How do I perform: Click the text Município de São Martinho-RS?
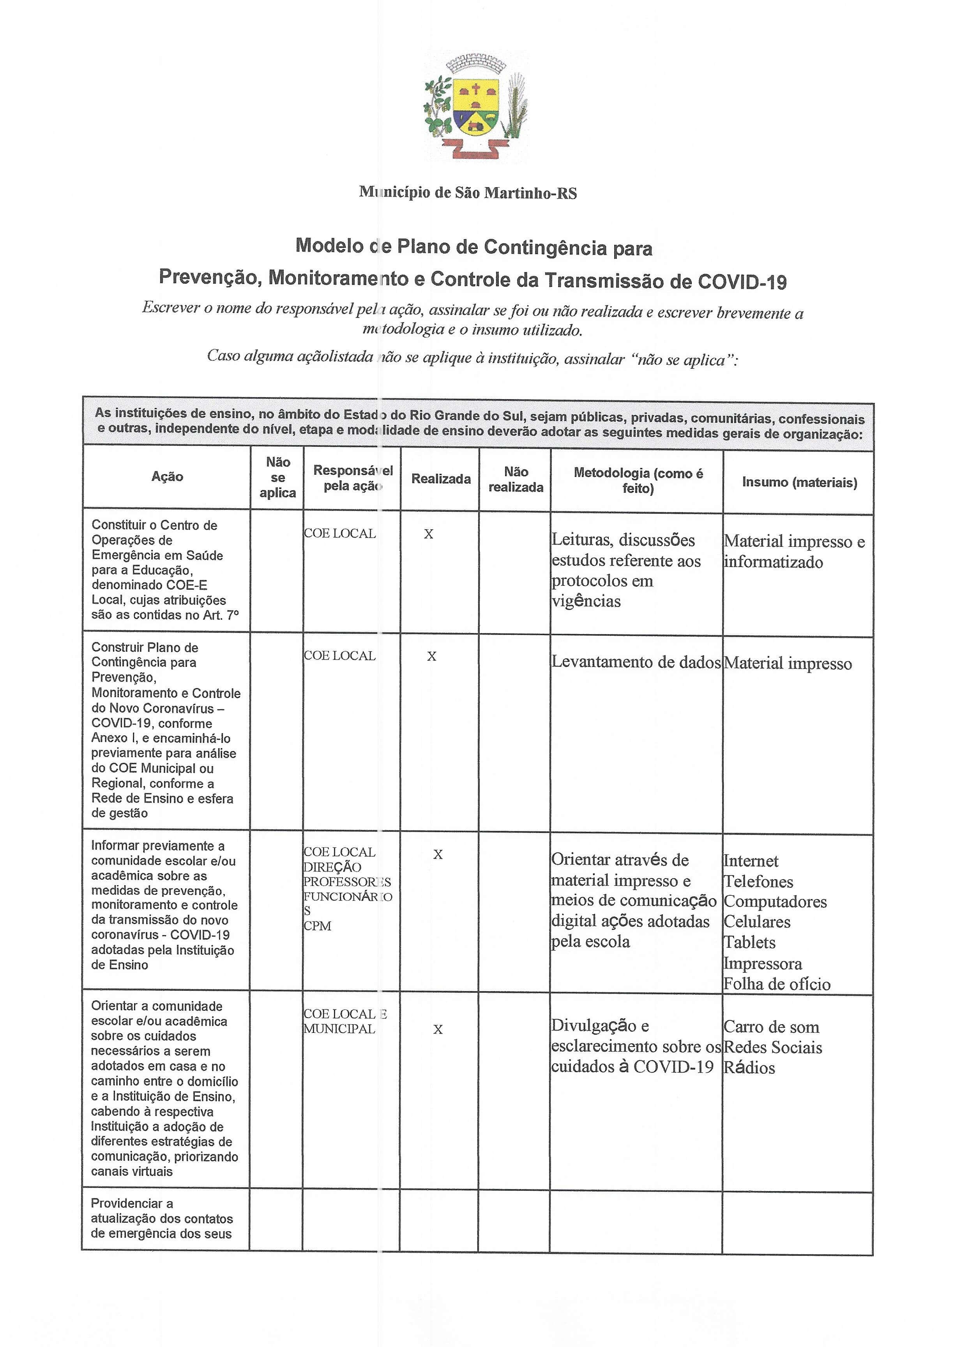coord(468,193)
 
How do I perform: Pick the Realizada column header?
coord(441,479)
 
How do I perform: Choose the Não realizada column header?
coord(516,479)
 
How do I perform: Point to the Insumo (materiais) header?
coord(799,482)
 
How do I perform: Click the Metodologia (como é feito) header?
coord(638,481)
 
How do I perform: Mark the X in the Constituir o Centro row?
coord(429,534)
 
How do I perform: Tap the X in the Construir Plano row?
coord(432,656)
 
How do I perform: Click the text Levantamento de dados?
coord(636,662)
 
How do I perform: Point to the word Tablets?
coord(749,942)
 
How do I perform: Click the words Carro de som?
coord(771,1027)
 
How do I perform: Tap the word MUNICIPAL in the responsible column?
coord(339,1029)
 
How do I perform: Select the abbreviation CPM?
coord(317,926)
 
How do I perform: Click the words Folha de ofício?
coord(777,984)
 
